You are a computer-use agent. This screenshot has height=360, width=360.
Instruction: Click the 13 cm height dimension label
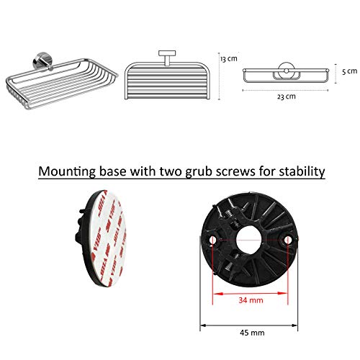(229, 59)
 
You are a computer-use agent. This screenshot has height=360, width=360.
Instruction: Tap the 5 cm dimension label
(349, 71)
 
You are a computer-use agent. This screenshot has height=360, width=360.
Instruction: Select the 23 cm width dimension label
(287, 96)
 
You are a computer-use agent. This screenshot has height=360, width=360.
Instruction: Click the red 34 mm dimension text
(251, 300)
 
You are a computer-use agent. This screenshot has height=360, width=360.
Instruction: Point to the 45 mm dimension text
(252, 333)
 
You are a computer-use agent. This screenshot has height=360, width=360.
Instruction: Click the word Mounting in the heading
(67, 172)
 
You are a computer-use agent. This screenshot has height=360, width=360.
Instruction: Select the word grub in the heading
(199, 172)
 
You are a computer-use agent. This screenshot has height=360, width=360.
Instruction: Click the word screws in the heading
(235, 172)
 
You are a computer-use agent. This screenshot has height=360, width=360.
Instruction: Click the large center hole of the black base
(248, 240)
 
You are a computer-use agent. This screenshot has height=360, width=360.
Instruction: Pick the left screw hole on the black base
(212, 240)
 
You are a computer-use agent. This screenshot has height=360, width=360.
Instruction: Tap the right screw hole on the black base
(288, 240)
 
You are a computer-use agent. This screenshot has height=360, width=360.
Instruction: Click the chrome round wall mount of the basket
(42, 61)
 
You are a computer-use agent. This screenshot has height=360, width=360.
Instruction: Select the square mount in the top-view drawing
(167, 53)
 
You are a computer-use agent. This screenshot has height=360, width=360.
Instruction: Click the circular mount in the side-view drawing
(286, 71)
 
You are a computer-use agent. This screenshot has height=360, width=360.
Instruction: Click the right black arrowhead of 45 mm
(294, 325)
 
